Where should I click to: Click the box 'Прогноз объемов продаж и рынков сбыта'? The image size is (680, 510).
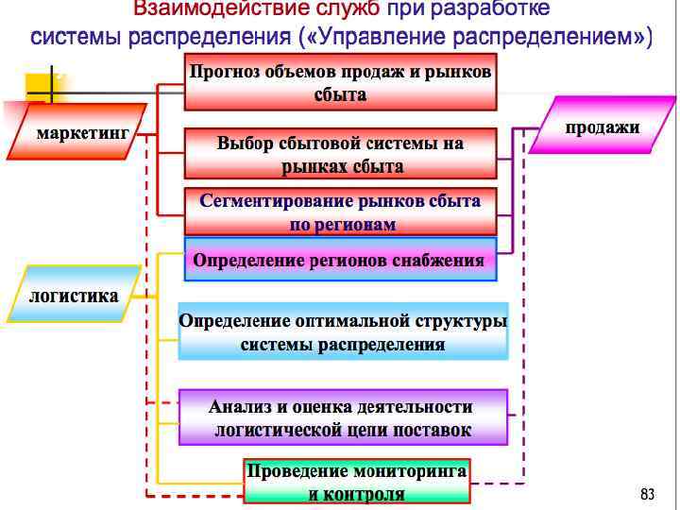pos(340,82)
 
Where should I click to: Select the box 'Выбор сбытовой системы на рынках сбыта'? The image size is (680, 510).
pos(340,155)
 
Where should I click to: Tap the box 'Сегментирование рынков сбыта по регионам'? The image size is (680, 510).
pos(340,212)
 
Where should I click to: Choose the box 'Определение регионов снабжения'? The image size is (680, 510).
pos(339,261)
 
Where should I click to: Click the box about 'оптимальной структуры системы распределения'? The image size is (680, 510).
pos(343,331)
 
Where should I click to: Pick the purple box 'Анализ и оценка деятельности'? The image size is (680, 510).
pos(342,418)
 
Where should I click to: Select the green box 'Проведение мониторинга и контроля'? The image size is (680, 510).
pos(356,482)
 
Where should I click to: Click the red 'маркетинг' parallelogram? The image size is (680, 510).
pos(81,133)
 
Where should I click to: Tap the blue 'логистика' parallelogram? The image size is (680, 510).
pos(75,296)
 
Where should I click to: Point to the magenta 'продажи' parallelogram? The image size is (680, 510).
pos(602,127)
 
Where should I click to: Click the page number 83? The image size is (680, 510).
pos(647,494)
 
